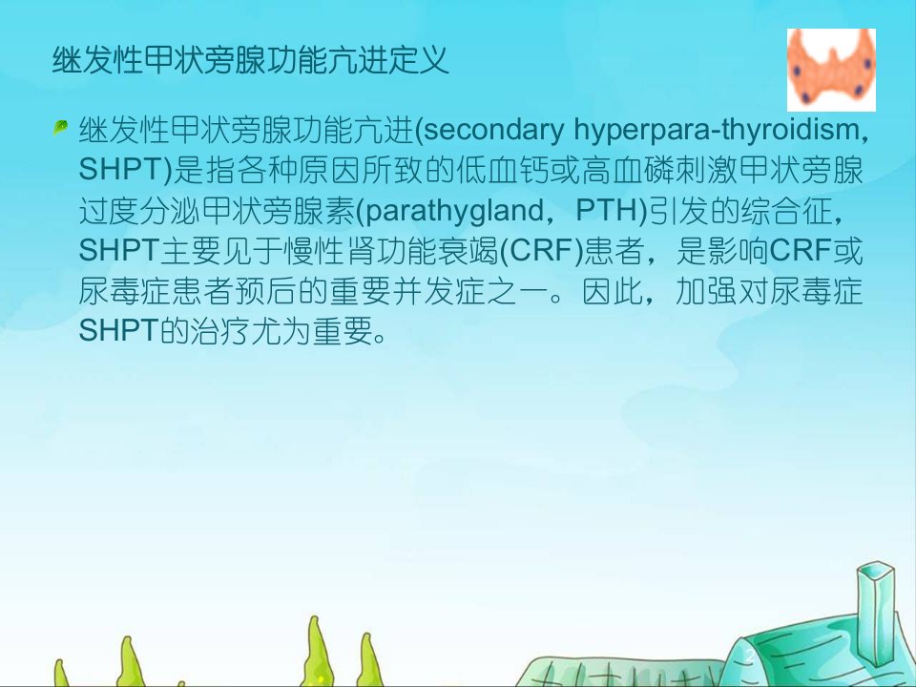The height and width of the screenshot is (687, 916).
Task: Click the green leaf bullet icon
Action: tap(60, 127)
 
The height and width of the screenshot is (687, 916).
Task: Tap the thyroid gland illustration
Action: tap(831, 70)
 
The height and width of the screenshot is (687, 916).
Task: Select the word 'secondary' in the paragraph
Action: tap(493, 130)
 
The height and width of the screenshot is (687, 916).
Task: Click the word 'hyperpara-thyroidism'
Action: tap(717, 130)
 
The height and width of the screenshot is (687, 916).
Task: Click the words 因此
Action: tap(613, 291)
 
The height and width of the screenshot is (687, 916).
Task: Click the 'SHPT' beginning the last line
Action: tap(119, 331)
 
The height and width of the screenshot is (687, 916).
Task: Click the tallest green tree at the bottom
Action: tap(314, 653)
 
